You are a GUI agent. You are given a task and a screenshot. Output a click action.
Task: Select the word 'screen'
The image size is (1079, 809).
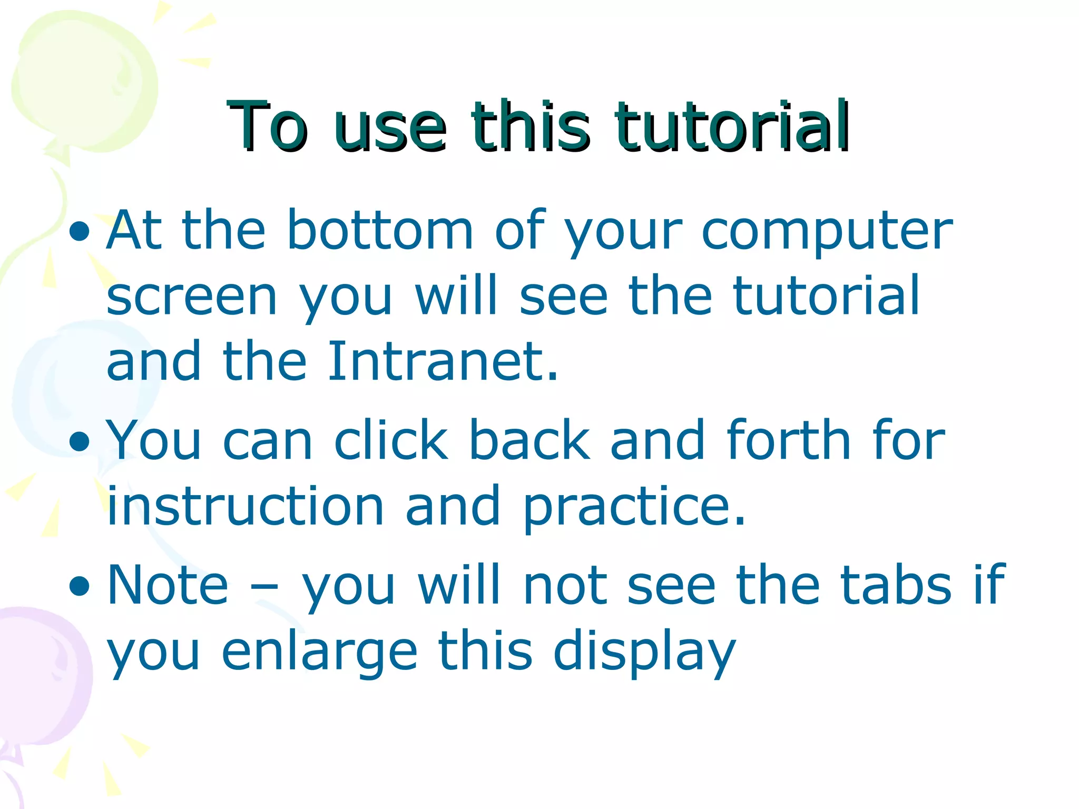coord(192,297)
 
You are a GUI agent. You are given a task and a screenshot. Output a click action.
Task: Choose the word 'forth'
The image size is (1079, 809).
coord(788,440)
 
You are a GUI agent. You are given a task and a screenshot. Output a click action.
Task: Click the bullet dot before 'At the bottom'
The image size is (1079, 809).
coord(80,232)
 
